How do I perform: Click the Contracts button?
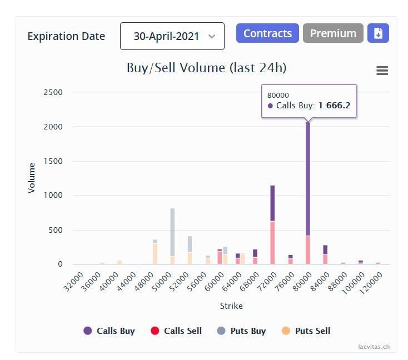point(267,33)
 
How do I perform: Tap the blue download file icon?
point(378,33)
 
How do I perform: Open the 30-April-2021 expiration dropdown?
point(172,36)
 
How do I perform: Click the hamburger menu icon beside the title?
point(382,71)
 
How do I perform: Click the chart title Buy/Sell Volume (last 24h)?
point(206,68)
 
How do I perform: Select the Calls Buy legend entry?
point(110,331)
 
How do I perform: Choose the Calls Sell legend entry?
point(176,331)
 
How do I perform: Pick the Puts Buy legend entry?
point(242,331)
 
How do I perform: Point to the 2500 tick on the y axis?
point(53,92)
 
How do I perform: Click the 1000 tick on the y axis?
point(53,196)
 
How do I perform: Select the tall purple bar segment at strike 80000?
point(308,178)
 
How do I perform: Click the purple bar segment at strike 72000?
point(272,203)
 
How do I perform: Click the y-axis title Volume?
point(32,178)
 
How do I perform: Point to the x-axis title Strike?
point(231,306)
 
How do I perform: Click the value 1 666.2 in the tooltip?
point(334,106)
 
